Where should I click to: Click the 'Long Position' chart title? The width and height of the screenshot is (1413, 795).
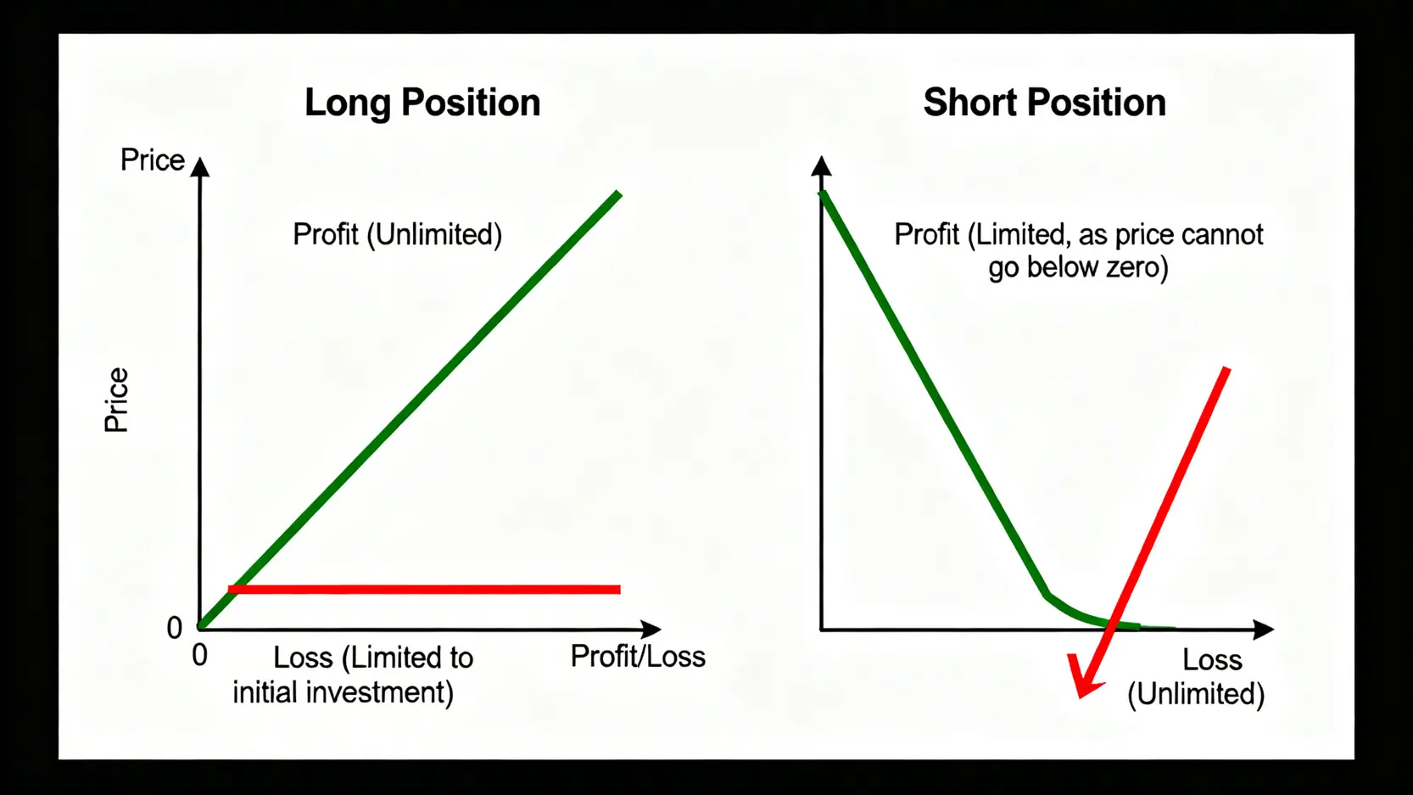422,104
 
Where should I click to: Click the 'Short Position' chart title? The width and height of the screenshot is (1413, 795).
1045,102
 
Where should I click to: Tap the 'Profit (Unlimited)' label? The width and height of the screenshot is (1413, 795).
398,235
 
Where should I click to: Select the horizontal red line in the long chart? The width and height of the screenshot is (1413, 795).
424,590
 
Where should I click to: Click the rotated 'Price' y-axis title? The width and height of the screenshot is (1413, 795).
116,400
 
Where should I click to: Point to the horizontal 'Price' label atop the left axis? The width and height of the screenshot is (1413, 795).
153,160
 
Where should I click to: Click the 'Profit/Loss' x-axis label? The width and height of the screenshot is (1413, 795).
638,657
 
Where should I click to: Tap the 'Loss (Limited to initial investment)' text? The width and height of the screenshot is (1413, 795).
353,675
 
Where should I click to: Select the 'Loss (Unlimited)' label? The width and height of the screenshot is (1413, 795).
1196,677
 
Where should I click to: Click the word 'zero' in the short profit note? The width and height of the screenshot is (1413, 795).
1134,267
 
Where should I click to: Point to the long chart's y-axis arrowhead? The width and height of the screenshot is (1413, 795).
200,166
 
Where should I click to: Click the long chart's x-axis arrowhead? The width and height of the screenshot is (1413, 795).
651,629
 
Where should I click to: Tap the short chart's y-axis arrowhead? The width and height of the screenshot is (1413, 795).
821,165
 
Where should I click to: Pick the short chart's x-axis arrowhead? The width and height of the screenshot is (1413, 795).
1264,630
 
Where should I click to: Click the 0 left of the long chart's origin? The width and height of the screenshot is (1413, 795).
174,628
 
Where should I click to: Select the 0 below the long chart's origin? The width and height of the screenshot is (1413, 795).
199,656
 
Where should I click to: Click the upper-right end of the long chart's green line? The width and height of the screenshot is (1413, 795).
619,193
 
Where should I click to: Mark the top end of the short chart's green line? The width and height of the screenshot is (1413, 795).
822,193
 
